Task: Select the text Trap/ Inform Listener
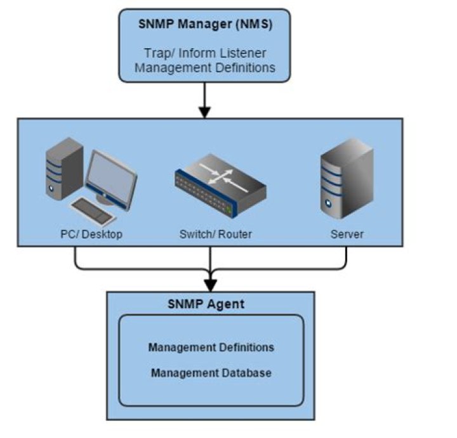[x=205, y=53]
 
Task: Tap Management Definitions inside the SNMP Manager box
[x=205, y=67]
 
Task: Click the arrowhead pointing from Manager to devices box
[x=204, y=112]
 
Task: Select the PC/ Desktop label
[x=88, y=235]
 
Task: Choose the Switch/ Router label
[x=215, y=235]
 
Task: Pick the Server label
[x=347, y=235]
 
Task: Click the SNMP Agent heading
[x=206, y=304]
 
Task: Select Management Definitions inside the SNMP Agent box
[x=211, y=347]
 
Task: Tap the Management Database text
[x=211, y=373]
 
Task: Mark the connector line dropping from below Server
[x=347, y=257]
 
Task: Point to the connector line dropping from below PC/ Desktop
[x=76, y=257]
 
